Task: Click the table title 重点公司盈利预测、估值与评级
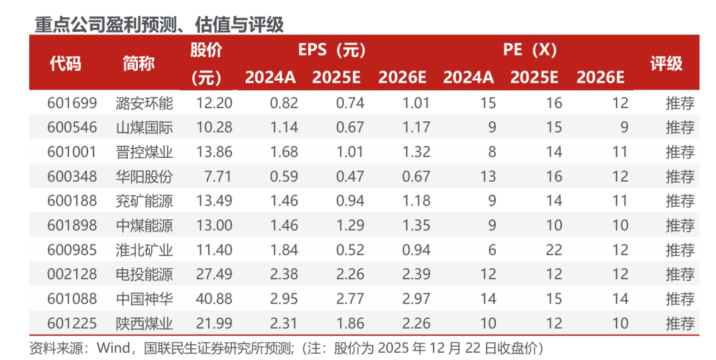click(x=159, y=25)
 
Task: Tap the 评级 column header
click(x=666, y=64)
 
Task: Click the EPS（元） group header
click(x=331, y=50)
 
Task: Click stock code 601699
click(x=72, y=103)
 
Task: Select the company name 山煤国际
click(x=144, y=127)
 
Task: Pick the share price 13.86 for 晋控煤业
click(x=214, y=152)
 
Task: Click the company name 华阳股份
click(x=144, y=176)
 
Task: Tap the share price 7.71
click(x=219, y=176)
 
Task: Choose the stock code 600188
click(x=72, y=201)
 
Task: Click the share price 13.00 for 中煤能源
click(x=214, y=225)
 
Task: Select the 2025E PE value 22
click(x=554, y=250)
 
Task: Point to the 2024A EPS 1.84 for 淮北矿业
click(x=284, y=250)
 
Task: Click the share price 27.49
click(x=214, y=274)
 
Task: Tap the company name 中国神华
click(x=144, y=299)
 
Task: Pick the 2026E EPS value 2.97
click(x=416, y=299)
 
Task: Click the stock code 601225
click(x=72, y=324)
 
